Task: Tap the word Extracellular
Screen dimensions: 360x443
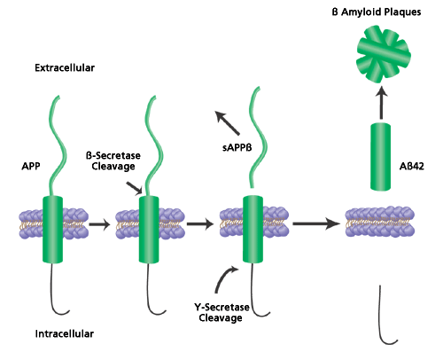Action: (65, 68)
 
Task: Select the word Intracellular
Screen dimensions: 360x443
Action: (65, 333)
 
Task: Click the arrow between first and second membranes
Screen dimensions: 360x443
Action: (99, 224)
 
